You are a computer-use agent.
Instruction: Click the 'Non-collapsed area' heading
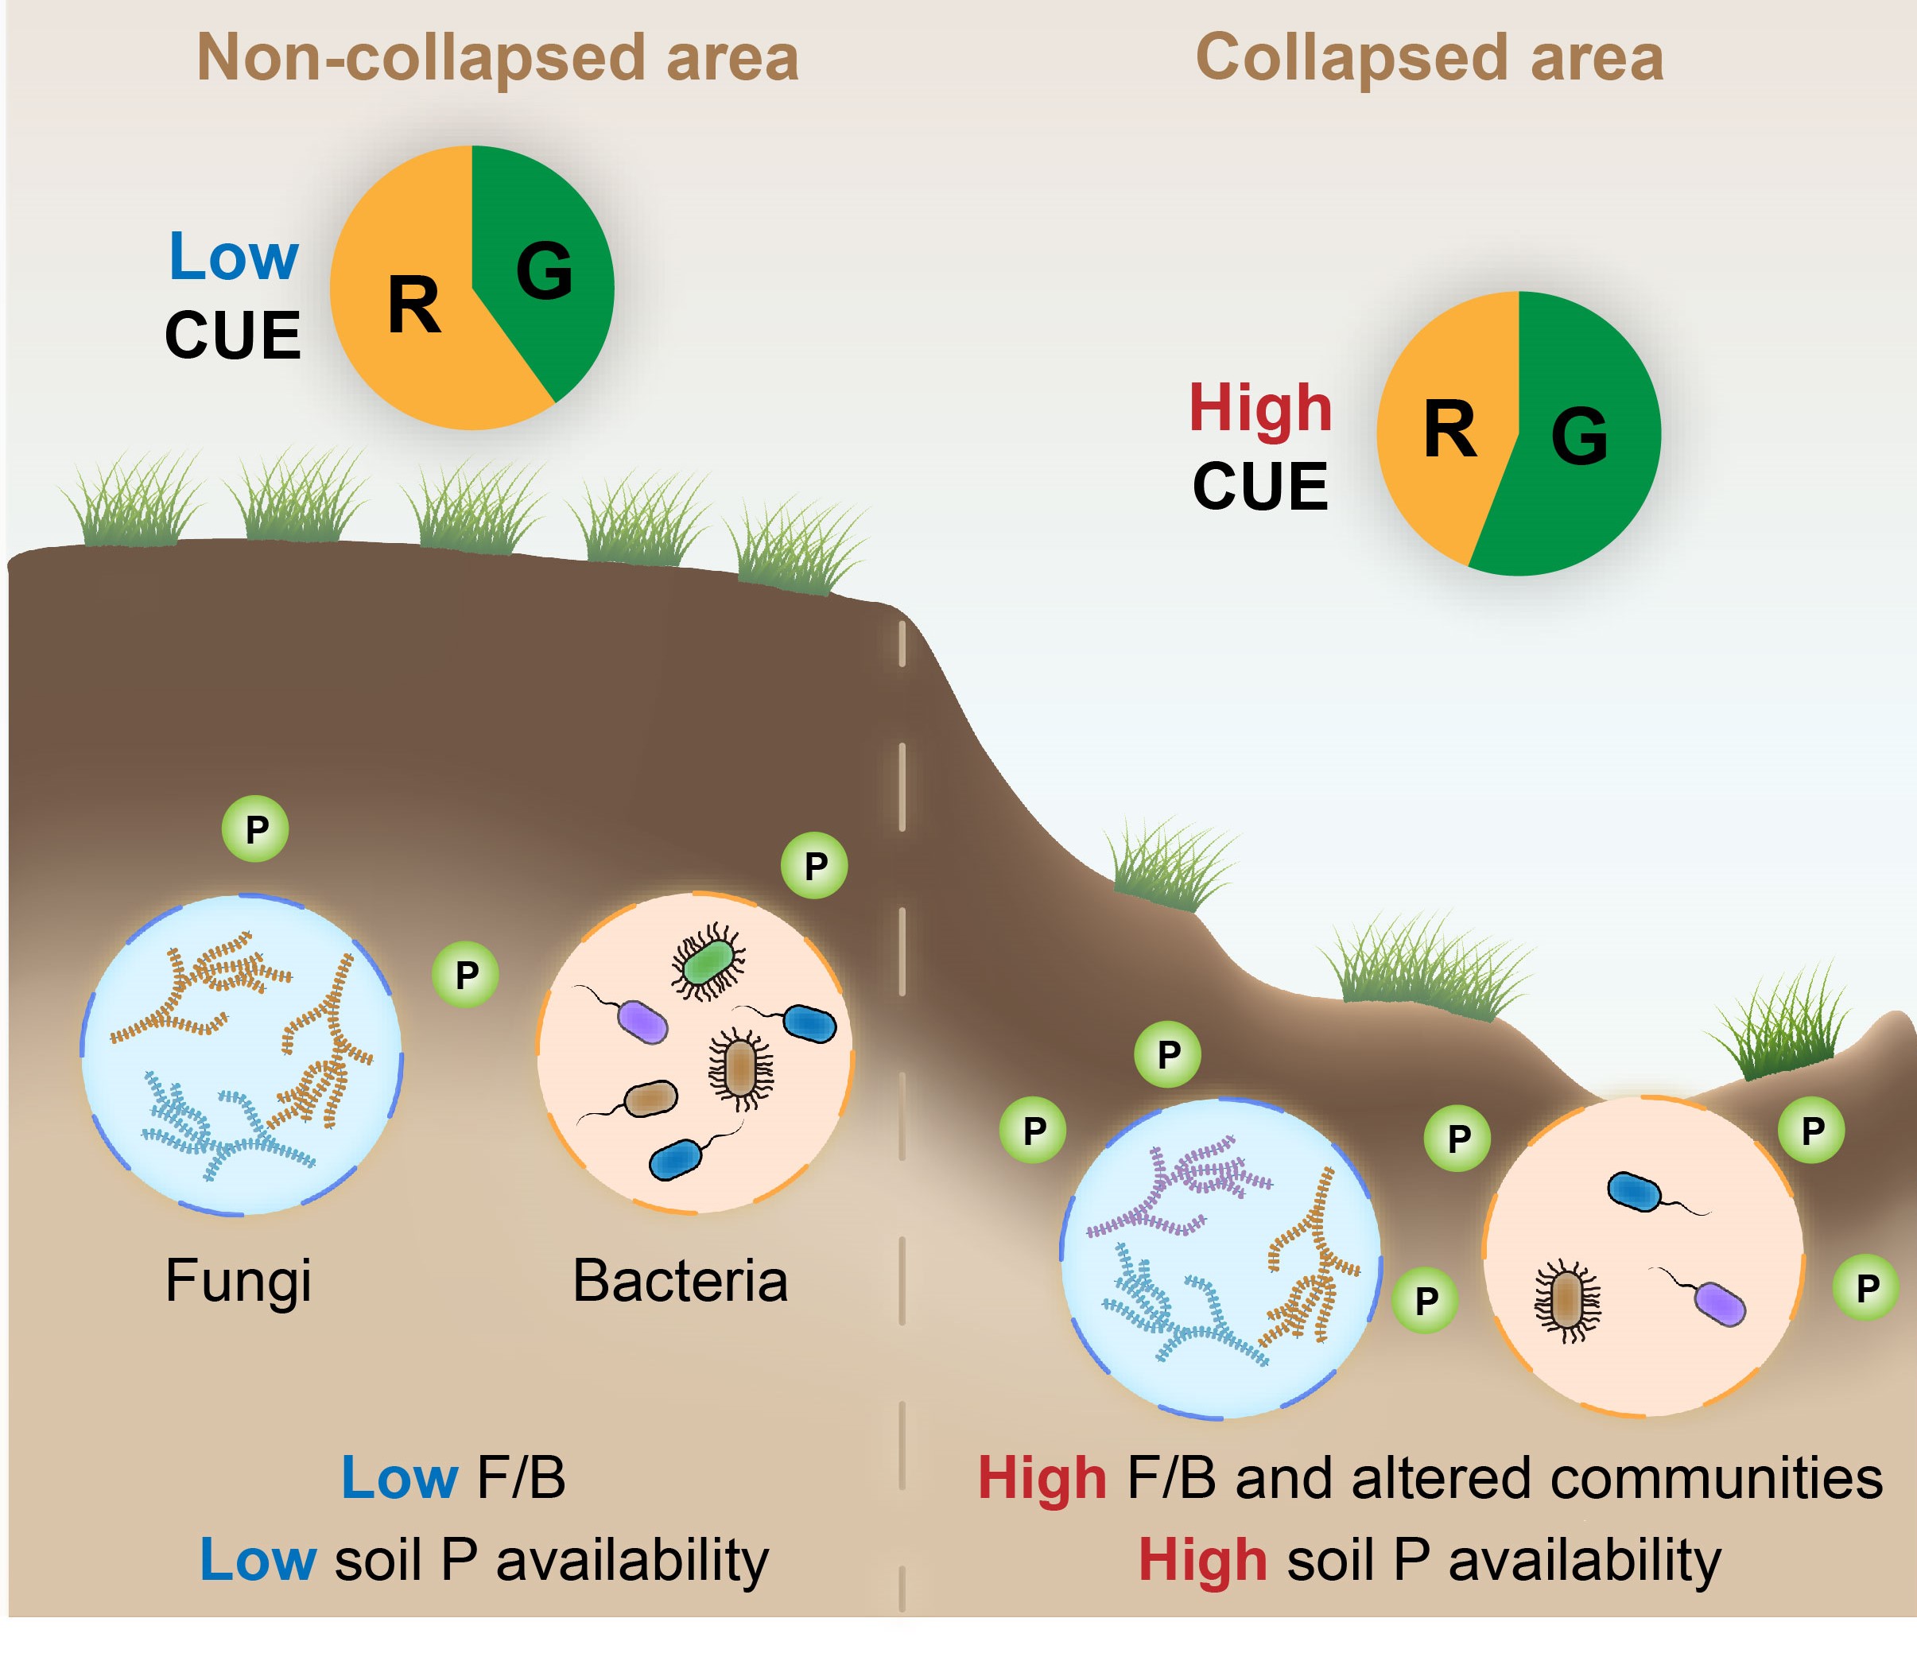(497, 57)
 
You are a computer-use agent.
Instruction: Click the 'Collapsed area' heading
(1430, 57)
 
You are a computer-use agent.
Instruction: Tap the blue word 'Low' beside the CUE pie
(233, 256)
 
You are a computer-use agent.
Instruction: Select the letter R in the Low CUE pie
(413, 305)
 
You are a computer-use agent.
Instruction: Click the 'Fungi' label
(238, 1281)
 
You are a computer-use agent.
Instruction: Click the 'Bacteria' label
(680, 1281)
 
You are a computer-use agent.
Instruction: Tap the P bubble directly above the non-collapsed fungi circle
(256, 828)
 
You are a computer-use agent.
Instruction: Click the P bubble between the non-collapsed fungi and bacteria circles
(466, 974)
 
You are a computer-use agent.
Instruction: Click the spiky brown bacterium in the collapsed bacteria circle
(1566, 1300)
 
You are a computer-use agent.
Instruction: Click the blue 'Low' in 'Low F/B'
(400, 1478)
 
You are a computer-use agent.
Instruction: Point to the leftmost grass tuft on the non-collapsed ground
(131, 504)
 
